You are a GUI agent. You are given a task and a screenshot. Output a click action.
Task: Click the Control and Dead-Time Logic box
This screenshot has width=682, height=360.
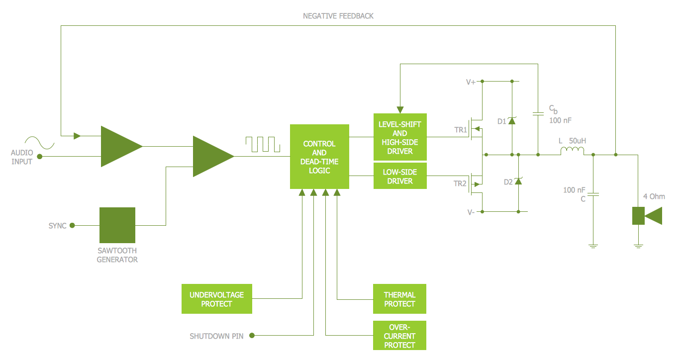coord(319,157)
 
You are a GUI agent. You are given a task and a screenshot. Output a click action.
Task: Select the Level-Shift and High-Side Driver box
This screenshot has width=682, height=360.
coord(400,137)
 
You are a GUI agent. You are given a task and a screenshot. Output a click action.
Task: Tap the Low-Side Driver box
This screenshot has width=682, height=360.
coord(400,177)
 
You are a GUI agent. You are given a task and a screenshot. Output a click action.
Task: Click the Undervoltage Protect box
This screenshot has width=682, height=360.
coord(216,299)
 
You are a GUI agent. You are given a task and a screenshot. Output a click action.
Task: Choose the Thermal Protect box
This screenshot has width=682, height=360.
coord(399,299)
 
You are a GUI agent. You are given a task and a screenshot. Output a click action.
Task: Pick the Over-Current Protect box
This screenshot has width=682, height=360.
coord(399,336)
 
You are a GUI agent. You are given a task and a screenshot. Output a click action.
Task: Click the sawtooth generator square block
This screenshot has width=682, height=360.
coord(117,225)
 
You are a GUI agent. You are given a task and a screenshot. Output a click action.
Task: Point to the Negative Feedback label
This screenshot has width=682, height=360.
coord(338,16)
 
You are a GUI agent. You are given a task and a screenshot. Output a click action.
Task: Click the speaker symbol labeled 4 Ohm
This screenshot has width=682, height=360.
coord(647,216)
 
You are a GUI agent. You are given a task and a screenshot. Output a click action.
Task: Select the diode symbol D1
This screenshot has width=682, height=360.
coord(512,121)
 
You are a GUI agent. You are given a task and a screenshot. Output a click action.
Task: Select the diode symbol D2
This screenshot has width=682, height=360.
coord(518,181)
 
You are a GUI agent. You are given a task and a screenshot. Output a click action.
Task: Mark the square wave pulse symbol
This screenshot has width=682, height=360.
coord(263,144)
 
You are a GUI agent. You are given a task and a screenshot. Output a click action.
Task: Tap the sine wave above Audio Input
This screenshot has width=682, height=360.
coord(39,142)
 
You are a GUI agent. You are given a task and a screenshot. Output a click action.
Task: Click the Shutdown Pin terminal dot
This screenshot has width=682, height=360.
coord(252,336)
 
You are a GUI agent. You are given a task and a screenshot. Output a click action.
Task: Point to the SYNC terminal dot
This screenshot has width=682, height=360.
coord(72,225)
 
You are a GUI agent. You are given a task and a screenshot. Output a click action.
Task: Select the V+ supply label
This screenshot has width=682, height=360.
coord(471,82)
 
